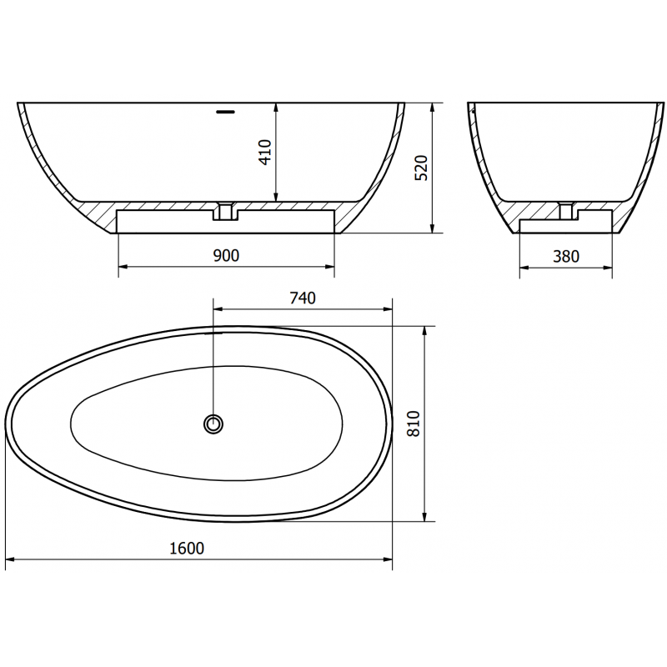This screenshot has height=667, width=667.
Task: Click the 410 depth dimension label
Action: pyautogui.click(x=265, y=152)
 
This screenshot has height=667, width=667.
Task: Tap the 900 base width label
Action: pyautogui.click(x=226, y=256)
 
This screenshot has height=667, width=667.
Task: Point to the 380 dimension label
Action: pyautogui.click(x=565, y=256)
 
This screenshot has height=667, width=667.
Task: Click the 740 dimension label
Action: pyautogui.click(x=302, y=298)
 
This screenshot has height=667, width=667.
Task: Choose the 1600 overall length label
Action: pyautogui.click(x=187, y=548)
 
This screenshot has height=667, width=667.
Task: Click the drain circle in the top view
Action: pyautogui.click(x=214, y=424)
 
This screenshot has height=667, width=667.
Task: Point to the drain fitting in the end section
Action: pyautogui.click(x=566, y=210)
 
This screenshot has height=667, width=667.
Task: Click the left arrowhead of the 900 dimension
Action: pyautogui.click(x=123, y=268)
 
